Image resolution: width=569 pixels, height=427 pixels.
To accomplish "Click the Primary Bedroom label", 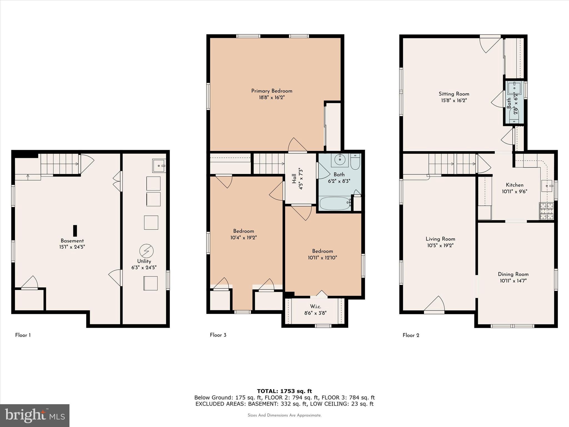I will click(x=271, y=91).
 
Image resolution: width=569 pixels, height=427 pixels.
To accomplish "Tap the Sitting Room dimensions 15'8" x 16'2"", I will click(x=454, y=100).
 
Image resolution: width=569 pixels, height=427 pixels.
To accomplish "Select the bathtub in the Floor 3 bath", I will click(x=335, y=203).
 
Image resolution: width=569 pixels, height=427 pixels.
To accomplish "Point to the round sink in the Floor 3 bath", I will click(x=340, y=160).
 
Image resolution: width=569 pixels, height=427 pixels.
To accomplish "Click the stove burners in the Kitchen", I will click(x=546, y=211).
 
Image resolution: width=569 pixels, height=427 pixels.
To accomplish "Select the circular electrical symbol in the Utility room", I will click(x=146, y=251).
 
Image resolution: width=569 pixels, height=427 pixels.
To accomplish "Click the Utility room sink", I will click(x=159, y=166).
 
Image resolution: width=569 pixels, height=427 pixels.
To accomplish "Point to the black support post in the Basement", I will click(x=75, y=231).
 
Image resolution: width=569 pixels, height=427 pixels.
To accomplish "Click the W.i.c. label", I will click(x=315, y=306).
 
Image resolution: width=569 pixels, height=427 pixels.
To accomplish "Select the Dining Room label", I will click(x=513, y=274).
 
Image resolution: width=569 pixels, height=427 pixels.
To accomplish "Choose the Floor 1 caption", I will click(x=23, y=335).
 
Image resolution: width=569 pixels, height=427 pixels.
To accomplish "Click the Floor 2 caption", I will click(x=411, y=335).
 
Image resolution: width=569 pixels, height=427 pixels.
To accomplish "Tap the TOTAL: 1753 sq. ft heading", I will click(x=284, y=391).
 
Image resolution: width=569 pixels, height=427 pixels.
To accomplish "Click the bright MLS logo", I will click(x=34, y=415).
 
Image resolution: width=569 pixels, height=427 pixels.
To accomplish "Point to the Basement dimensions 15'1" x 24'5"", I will click(x=72, y=247).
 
